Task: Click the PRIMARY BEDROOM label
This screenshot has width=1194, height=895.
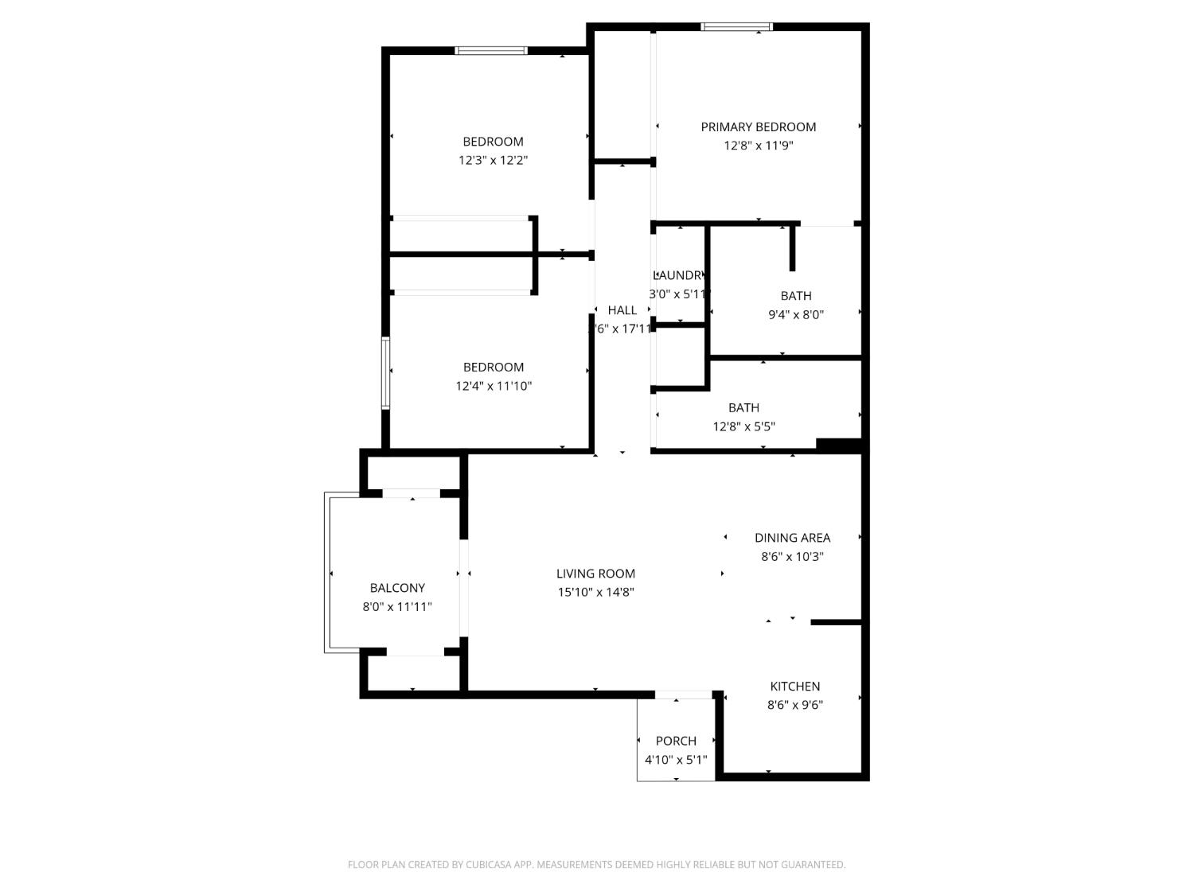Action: pos(758,127)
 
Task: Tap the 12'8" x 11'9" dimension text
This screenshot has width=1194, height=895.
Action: pos(758,146)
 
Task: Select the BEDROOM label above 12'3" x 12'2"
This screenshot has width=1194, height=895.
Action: pos(493,142)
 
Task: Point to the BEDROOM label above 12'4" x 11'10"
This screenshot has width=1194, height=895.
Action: pos(494,368)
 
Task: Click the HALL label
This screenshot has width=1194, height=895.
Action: pos(622,310)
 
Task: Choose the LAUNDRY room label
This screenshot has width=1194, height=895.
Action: pos(678,275)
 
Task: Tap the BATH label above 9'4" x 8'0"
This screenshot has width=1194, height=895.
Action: pos(795,296)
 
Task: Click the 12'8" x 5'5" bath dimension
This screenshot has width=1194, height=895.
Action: pos(743,426)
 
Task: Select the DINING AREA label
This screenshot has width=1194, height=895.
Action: pos(792,538)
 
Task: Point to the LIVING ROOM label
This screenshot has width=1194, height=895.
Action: pos(595,574)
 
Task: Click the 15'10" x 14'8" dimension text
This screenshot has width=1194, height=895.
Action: pos(595,592)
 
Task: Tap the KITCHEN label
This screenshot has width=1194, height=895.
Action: pos(794,687)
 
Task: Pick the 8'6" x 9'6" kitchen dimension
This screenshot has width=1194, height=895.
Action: pos(794,705)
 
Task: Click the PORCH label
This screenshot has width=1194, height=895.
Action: pos(676,741)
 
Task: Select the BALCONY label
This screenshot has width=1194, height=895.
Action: pos(397,588)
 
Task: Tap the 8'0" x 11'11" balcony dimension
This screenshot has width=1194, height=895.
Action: pos(397,607)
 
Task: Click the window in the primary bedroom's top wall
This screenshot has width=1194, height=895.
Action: pos(736,27)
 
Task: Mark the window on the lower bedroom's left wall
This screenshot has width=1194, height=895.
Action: pos(385,372)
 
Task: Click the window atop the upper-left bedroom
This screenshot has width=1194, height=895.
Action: pos(491,51)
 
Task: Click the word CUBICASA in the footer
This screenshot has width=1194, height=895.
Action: pos(487,865)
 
